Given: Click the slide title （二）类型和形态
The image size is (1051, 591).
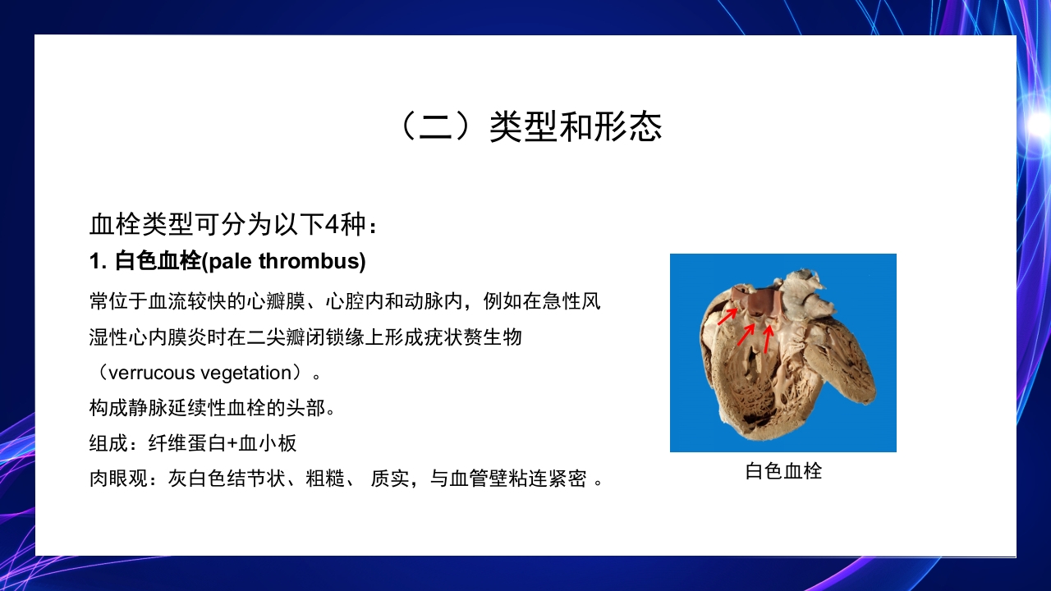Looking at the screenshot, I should (525, 127).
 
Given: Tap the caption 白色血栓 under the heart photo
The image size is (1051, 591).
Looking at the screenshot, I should (783, 471).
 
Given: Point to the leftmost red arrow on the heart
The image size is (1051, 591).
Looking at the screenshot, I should (727, 317).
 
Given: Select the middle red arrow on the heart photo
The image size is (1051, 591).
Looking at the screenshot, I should (746, 333).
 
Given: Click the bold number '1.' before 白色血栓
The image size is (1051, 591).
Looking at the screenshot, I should (99, 262).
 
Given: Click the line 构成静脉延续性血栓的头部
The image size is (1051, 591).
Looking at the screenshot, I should (211, 408).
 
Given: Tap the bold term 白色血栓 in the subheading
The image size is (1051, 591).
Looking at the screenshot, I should (158, 262).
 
